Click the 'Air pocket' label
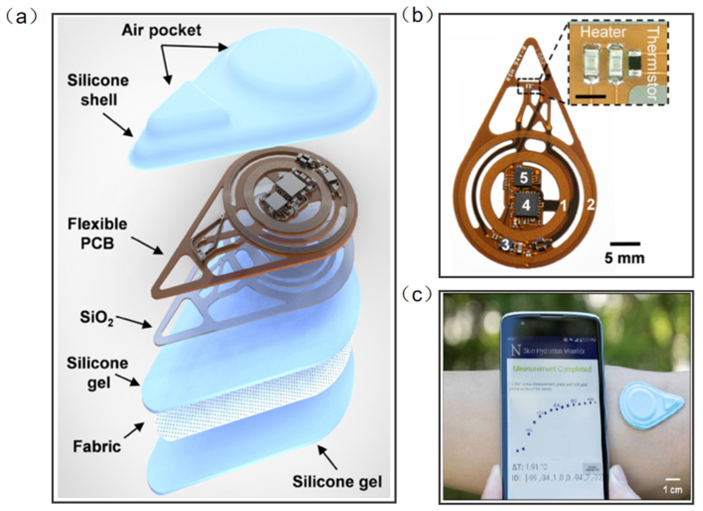(x=161, y=31)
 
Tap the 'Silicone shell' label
(x=98, y=90)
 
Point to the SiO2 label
(x=96, y=317)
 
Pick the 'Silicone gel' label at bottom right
(x=337, y=482)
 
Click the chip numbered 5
(x=524, y=178)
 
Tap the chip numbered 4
(x=526, y=204)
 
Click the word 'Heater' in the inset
(x=603, y=32)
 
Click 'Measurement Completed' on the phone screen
(x=552, y=369)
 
